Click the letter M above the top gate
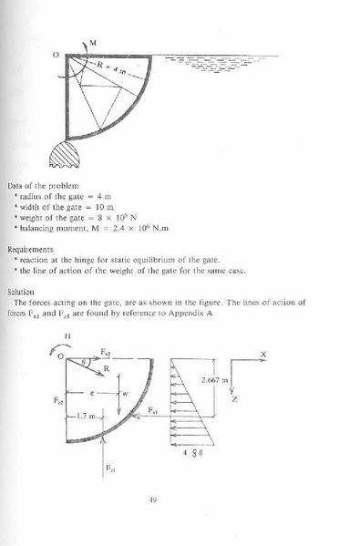[92, 42]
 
